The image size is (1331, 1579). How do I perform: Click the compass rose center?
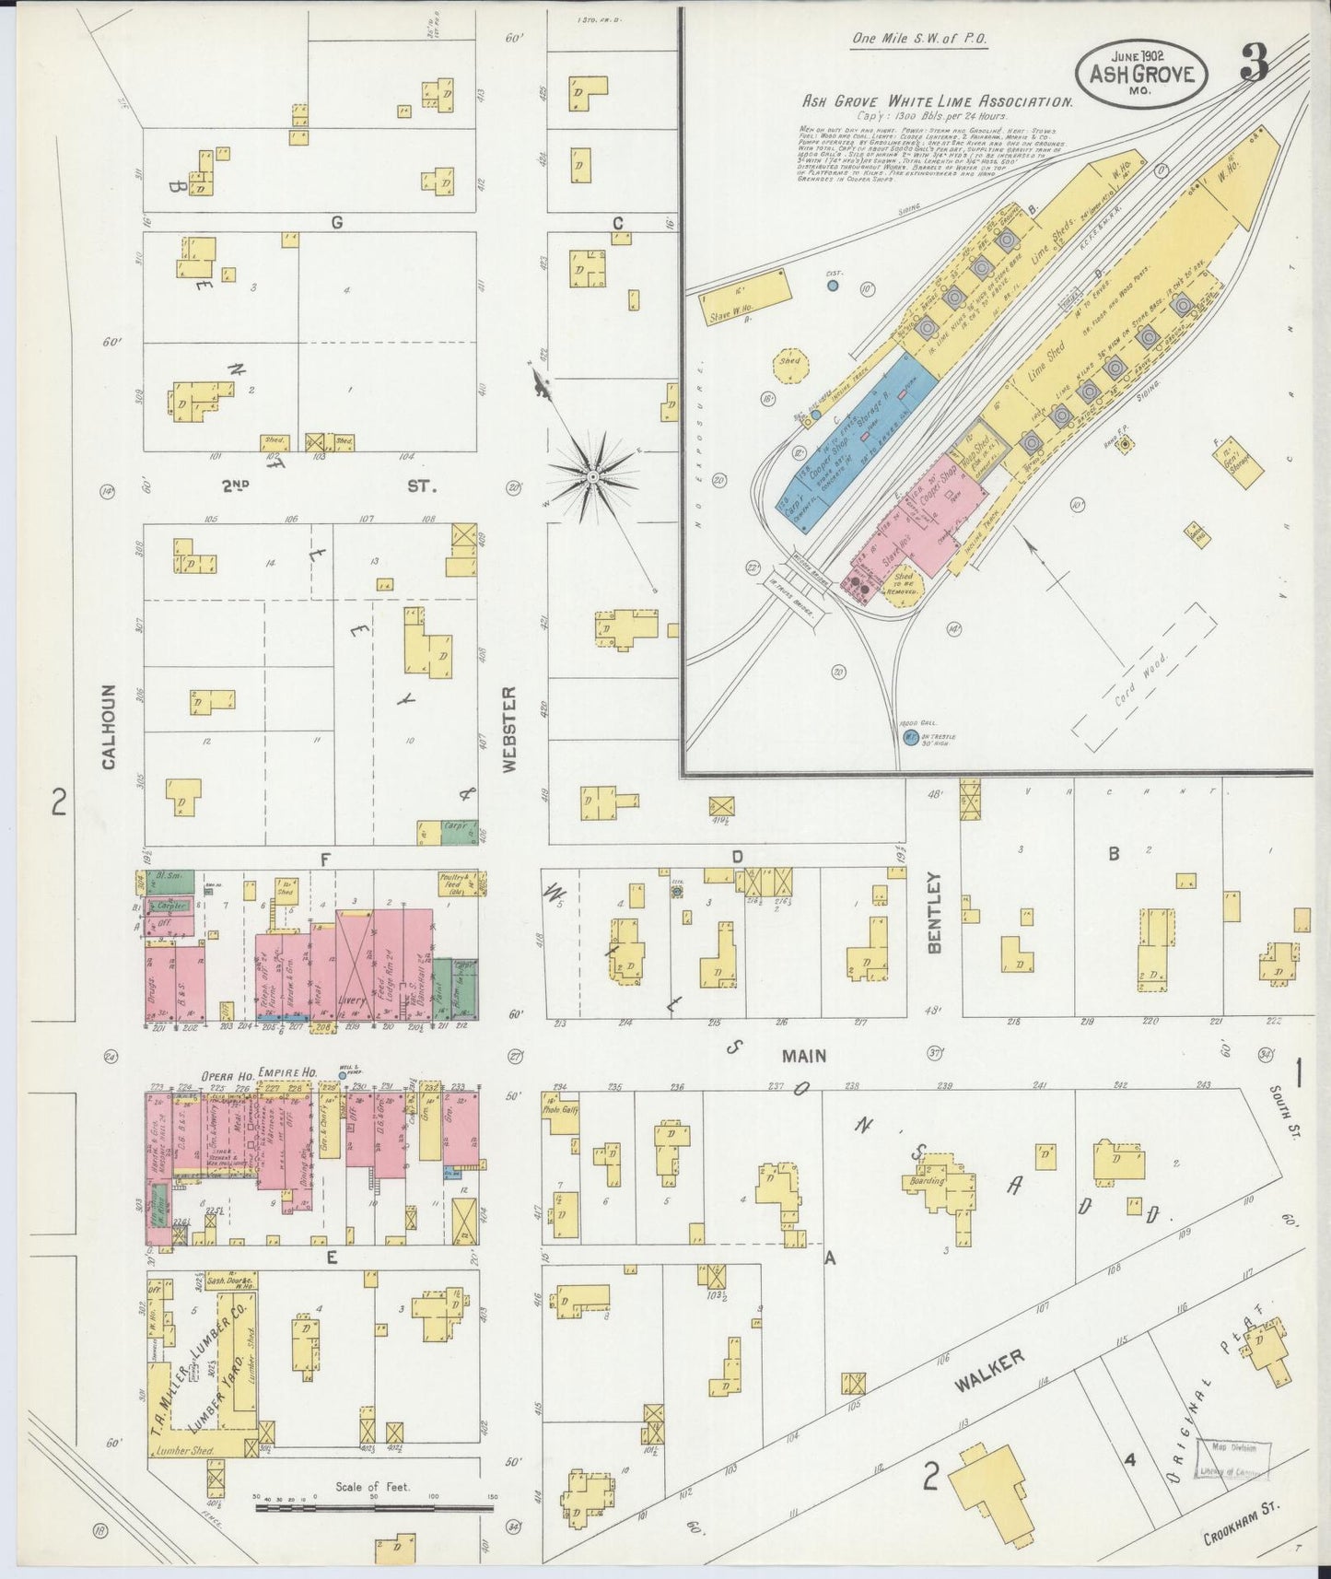593,476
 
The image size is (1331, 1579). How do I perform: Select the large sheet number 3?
1255,64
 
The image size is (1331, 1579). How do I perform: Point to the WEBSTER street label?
512,728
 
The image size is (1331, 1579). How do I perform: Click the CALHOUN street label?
109,726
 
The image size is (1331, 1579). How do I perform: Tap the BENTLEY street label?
935,911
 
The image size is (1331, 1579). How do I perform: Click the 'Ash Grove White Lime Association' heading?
937,103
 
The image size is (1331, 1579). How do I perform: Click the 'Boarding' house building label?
928,1179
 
